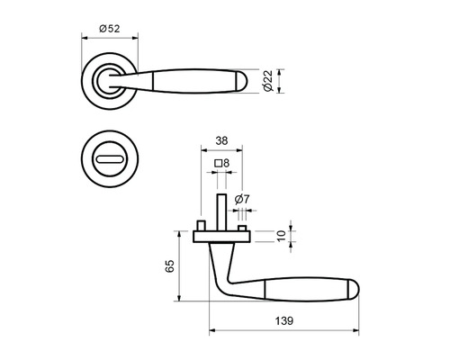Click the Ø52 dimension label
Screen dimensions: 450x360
pos(110,29)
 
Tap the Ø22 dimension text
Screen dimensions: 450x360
pos(267,81)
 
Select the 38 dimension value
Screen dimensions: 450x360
pos(221,140)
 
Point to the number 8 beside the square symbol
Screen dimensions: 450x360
pos(226,163)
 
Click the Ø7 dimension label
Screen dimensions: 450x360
pos(242,199)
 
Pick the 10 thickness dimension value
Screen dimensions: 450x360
pos(281,236)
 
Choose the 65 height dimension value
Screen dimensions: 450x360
pos(169,265)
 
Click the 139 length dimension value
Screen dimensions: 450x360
pos(284,320)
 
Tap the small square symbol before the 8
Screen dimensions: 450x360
pos(218,164)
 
